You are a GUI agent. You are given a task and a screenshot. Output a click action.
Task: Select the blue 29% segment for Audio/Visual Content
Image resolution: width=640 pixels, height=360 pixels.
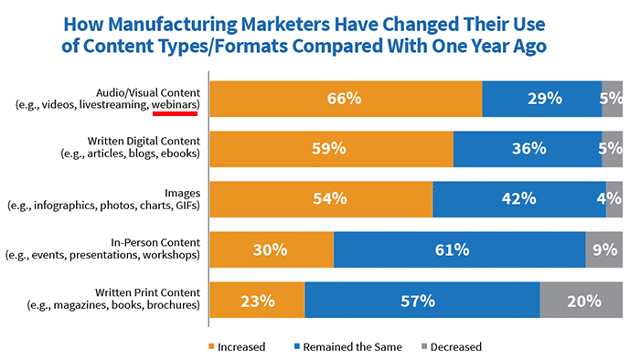coord(541,99)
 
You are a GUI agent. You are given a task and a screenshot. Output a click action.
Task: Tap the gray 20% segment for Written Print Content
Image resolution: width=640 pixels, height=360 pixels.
coord(581,300)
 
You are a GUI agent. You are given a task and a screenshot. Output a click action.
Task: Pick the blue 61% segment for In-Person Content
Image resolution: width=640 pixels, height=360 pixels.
coord(459,249)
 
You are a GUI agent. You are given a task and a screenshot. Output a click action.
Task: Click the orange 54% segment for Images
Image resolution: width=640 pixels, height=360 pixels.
coord(321,199)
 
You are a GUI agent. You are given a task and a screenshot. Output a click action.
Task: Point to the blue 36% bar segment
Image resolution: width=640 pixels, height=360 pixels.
coord(528,149)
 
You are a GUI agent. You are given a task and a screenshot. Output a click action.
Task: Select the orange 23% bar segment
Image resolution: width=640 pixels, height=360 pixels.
coord(257,300)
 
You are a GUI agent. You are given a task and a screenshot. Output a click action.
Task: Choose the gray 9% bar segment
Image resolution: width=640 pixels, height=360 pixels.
coord(604,249)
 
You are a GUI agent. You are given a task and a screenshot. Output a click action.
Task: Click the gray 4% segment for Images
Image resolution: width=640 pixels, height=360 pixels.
coord(614,199)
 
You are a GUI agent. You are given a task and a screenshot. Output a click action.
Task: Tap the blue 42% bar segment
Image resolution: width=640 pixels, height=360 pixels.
coord(519,199)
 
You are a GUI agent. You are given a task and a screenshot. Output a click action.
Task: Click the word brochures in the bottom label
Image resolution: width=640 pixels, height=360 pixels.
coord(172,307)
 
